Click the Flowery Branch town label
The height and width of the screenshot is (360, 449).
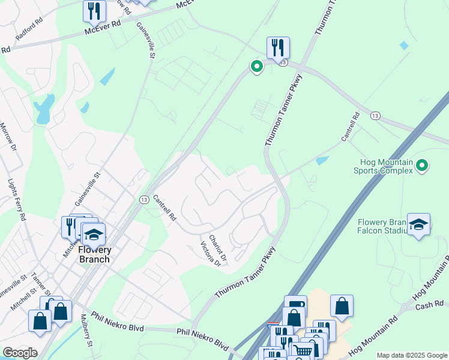pos(94,254)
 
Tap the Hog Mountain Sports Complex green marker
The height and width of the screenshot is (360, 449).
pos(422,164)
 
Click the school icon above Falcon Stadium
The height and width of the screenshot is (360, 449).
pos(418,224)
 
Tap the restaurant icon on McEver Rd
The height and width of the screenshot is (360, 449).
pos(94,11)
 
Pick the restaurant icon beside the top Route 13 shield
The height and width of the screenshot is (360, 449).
pos(278,47)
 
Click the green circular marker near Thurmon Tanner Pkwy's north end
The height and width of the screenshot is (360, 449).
pos(256,67)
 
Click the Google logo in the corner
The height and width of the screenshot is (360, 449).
pos(20,353)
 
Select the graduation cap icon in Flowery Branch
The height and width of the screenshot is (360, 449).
pos(93,234)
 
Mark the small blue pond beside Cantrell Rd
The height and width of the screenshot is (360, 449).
pos(322,161)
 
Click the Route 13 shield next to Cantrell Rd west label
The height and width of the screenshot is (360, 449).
pos(144,199)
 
